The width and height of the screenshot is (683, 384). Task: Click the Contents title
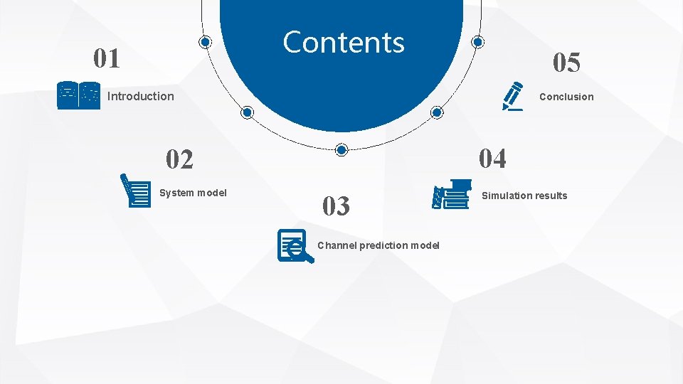click(344, 43)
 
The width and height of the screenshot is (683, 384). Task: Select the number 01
click(107, 58)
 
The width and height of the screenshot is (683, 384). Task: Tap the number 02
click(179, 159)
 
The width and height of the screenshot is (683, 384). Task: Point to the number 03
click(336, 206)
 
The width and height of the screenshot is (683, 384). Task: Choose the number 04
click(492, 158)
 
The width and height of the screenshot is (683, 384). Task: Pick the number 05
click(567, 63)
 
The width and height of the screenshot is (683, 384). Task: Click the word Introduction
click(140, 96)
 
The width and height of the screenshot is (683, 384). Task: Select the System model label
click(193, 193)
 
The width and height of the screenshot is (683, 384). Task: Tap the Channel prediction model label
click(378, 245)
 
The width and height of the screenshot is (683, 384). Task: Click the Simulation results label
click(525, 196)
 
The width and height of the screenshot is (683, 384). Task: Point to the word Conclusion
click(566, 97)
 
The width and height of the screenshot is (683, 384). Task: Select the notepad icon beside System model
click(136, 190)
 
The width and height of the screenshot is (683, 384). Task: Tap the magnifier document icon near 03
click(294, 245)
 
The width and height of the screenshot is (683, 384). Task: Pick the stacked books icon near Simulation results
click(452, 194)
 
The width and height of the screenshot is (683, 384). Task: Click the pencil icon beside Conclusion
click(512, 96)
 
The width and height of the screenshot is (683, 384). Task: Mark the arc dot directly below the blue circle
click(341, 149)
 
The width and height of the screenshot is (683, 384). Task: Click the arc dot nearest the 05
click(478, 43)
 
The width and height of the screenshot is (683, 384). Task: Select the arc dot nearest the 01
click(205, 43)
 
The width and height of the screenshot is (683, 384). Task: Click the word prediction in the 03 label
click(384, 245)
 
